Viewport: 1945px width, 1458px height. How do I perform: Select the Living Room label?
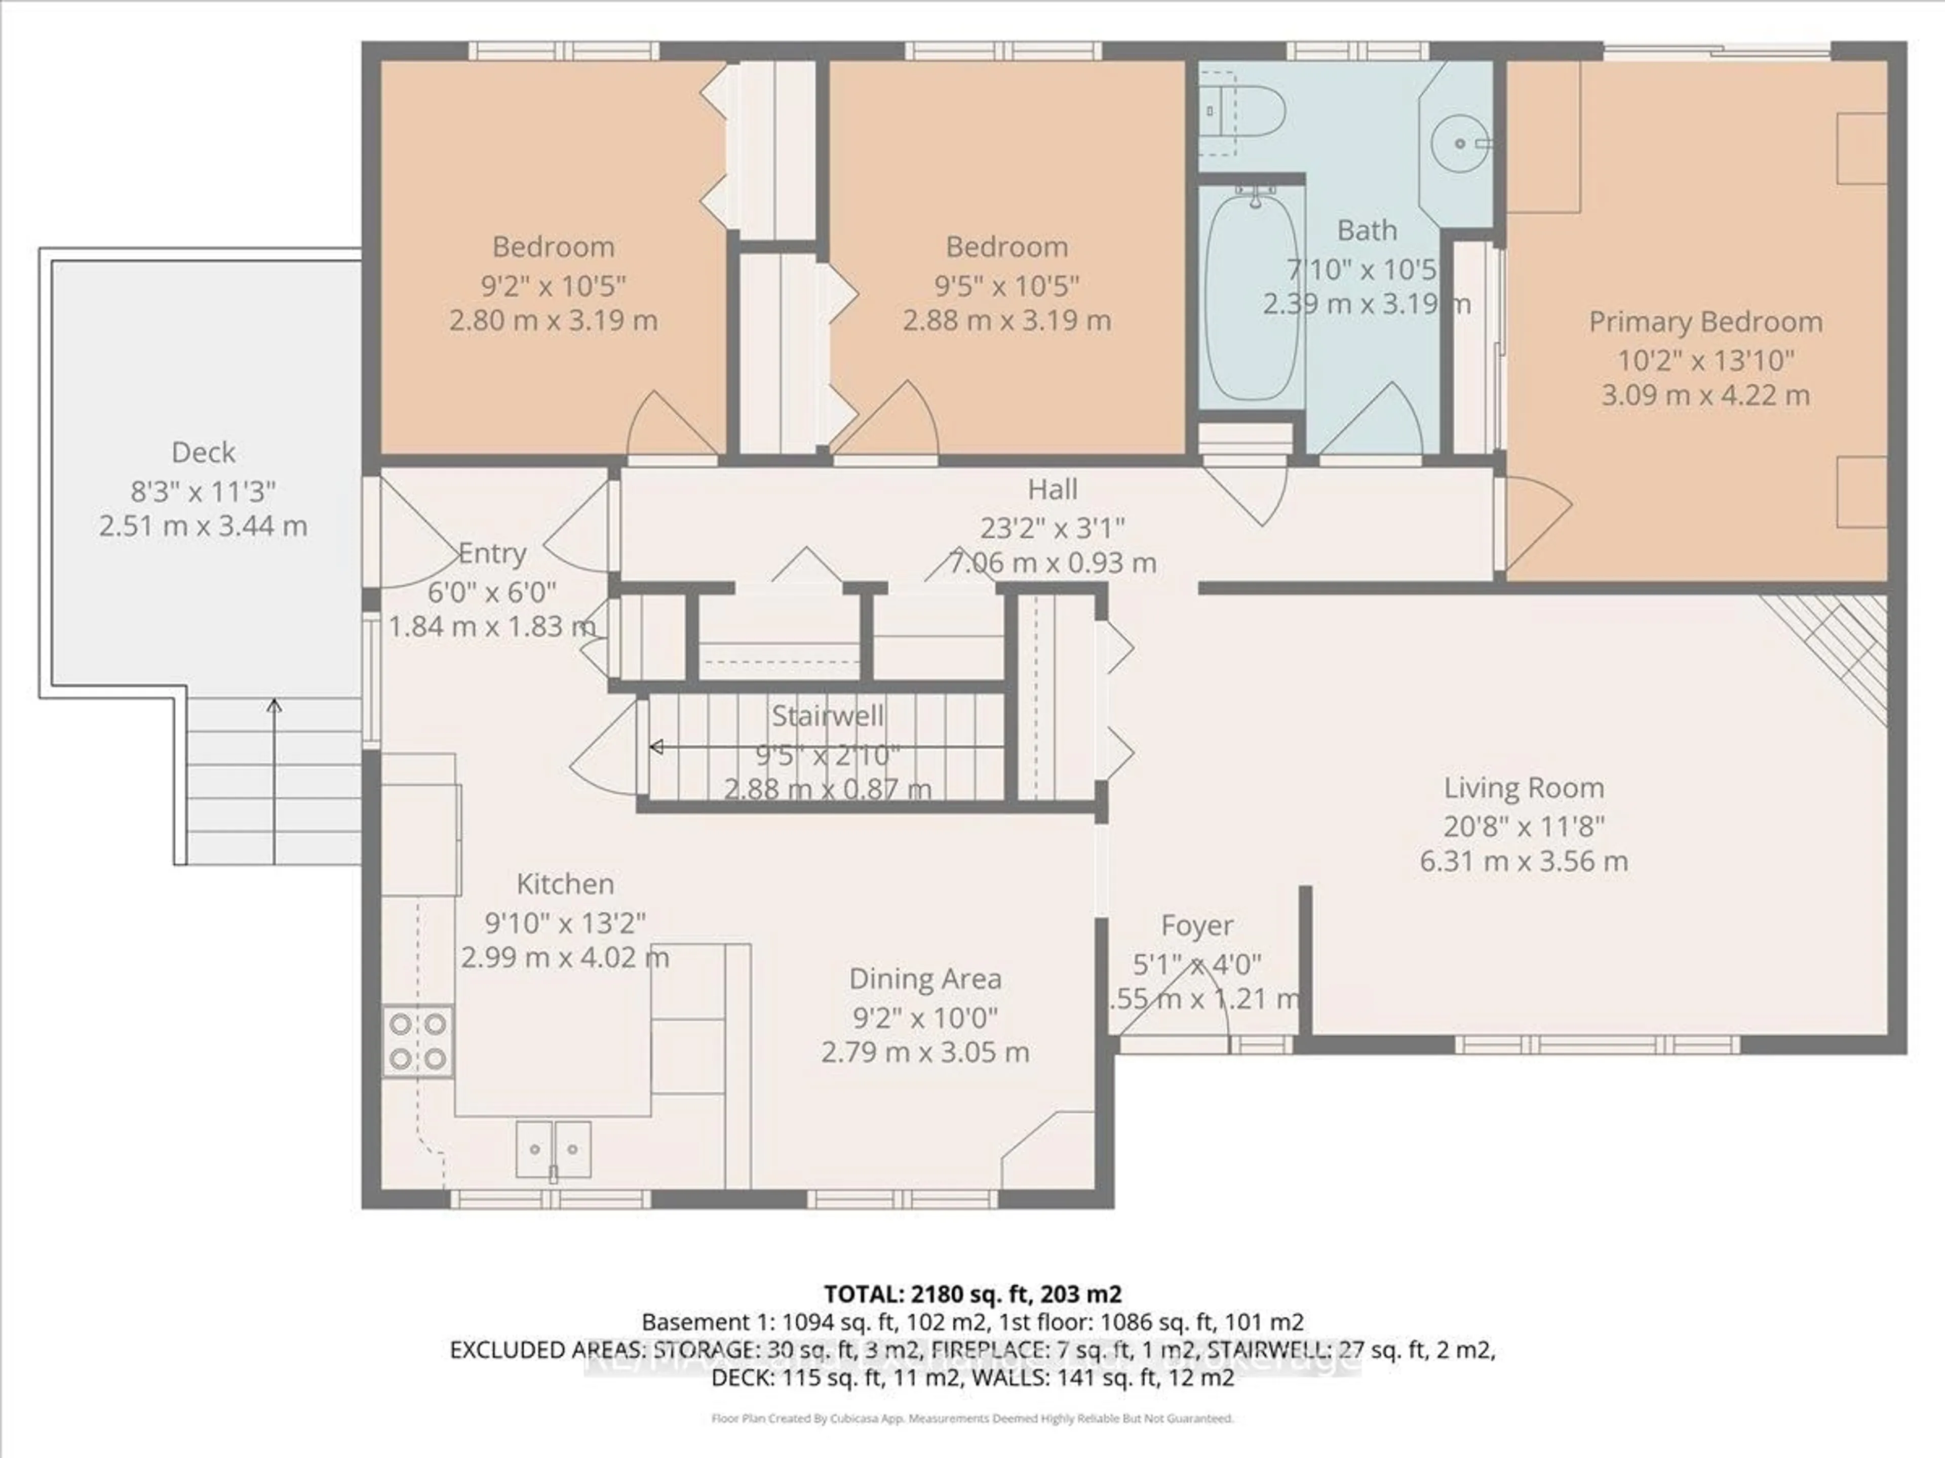tap(1523, 787)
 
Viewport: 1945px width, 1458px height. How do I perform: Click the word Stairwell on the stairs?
tap(828, 715)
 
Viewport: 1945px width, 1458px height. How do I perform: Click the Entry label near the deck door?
tap(492, 554)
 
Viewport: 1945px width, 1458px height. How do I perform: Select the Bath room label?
tap(1367, 230)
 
